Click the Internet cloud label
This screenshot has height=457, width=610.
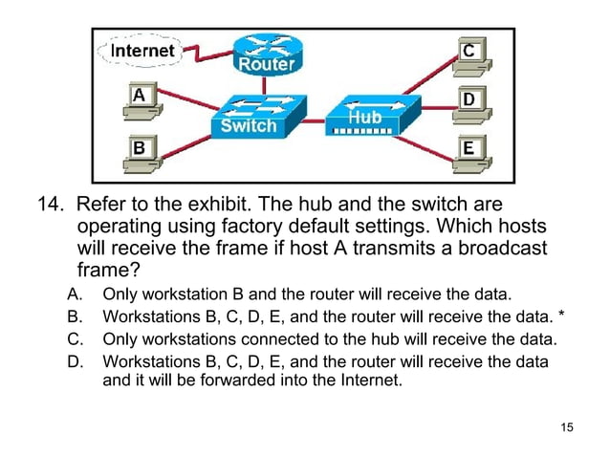click(x=142, y=50)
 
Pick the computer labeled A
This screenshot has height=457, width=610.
click(x=140, y=99)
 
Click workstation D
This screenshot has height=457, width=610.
click(x=469, y=101)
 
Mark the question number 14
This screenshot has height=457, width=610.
click(x=49, y=206)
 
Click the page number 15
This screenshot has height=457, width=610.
click(x=567, y=426)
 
